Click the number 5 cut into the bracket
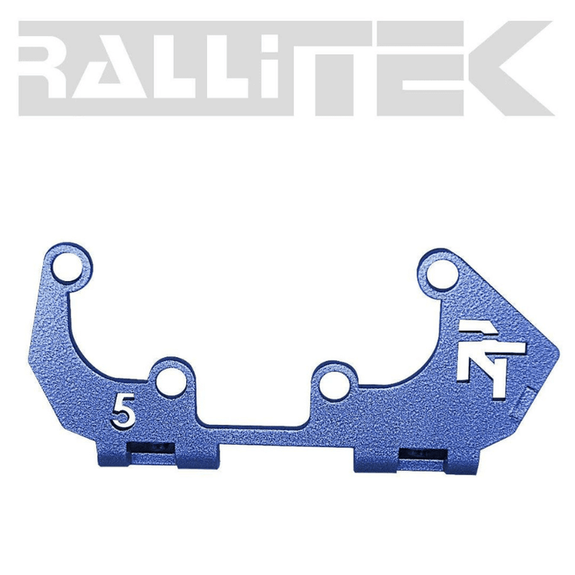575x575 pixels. coord(123,410)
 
